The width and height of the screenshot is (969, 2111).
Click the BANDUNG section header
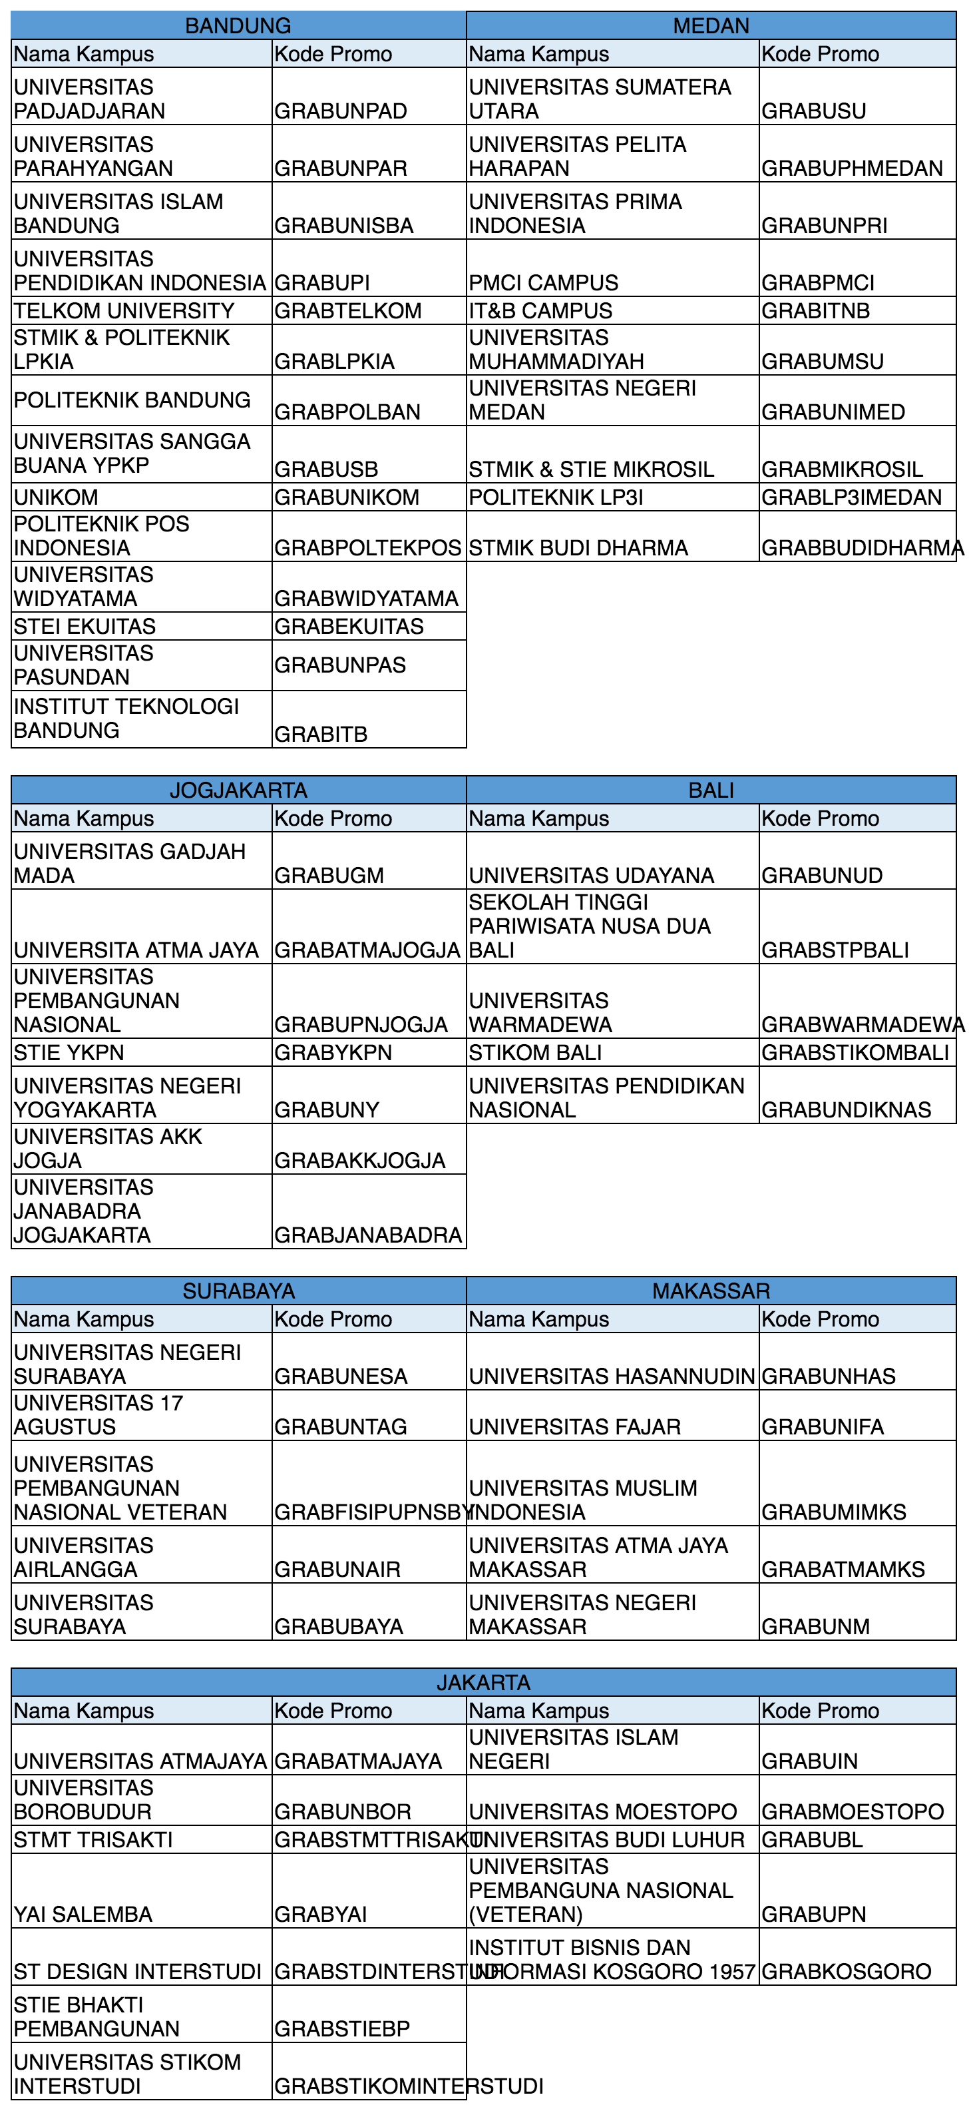[238, 25]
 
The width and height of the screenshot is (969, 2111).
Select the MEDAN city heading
[710, 25]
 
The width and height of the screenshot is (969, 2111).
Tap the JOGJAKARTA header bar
[238, 790]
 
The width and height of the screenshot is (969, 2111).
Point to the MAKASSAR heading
[710, 1291]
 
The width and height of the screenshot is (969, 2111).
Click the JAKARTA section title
[483, 1682]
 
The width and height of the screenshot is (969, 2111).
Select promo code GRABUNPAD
[341, 111]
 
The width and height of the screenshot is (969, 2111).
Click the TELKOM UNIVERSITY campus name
[124, 310]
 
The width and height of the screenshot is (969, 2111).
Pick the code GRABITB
[321, 735]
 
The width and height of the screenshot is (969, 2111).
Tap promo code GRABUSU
[813, 111]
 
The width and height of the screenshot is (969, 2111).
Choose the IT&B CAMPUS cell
[540, 310]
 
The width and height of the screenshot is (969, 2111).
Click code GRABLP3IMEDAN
[851, 497]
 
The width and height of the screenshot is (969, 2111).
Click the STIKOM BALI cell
[535, 1052]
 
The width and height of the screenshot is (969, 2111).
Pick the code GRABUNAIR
[337, 1570]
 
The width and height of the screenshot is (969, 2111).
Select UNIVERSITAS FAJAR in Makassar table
[574, 1426]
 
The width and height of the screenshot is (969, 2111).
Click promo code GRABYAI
[321, 1915]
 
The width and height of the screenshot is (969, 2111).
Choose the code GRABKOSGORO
[846, 1972]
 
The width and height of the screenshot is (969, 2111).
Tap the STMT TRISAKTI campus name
[93, 1840]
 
